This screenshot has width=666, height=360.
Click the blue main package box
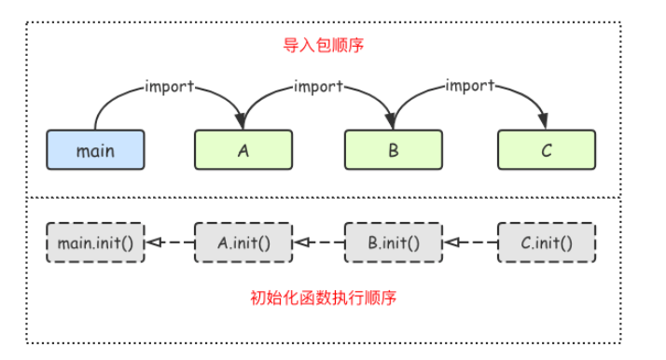(95, 149)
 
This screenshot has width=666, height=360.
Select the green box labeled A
(243, 149)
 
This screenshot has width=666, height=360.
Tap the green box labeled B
(394, 149)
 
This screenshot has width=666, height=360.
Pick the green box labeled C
(546, 149)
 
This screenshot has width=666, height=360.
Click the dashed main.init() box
(95, 242)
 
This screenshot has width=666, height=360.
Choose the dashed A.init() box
(243, 242)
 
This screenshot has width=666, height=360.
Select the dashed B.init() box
(394, 242)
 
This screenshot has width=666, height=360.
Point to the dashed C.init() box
(546, 242)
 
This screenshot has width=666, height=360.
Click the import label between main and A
(169, 87)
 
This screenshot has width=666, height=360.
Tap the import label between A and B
(318, 87)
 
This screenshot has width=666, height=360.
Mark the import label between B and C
(469, 86)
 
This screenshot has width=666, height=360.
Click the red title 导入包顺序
(314, 44)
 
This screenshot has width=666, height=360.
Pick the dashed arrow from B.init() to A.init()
(319, 242)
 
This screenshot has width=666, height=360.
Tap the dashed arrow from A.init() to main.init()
(170, 242)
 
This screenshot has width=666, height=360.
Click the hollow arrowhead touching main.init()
(152, 242)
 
